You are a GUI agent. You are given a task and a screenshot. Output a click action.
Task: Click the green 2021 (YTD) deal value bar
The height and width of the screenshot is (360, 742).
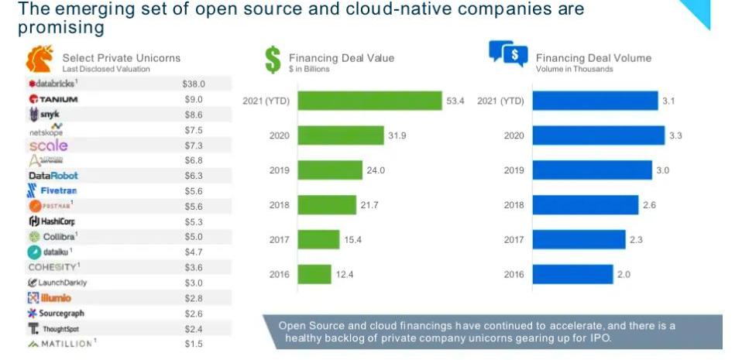pos(369,101)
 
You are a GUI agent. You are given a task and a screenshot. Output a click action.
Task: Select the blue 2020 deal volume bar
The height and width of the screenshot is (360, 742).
pos(598,135)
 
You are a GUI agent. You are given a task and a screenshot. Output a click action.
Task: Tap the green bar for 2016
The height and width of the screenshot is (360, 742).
pos(314,274)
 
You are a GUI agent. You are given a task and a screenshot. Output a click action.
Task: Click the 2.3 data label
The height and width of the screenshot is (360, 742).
pos(636,240)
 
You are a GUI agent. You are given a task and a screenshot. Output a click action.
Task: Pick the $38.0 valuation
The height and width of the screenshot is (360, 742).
pos(193,84)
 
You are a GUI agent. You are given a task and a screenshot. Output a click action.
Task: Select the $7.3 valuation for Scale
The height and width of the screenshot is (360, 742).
pos(193,146)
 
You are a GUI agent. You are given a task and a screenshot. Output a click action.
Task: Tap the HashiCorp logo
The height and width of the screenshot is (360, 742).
pos(52,221)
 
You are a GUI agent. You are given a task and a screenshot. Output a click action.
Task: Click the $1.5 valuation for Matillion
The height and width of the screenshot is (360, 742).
pos(193,344)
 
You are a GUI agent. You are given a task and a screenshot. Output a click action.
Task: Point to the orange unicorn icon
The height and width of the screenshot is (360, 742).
pos(40,59)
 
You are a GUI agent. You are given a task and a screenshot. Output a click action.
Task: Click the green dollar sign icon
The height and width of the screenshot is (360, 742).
pos(272,60)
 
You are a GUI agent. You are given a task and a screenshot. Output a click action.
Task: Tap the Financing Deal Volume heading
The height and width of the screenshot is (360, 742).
pos(593,58)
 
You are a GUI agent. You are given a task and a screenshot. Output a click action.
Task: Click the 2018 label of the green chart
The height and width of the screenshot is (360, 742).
pos(280,205)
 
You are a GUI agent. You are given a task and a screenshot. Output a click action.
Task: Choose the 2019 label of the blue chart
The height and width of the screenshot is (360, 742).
pos(514,170)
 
